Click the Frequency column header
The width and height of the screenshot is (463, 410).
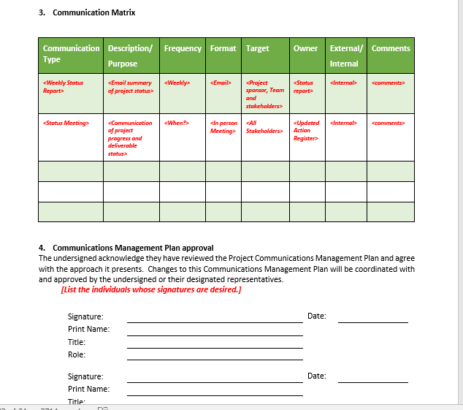(183, 48)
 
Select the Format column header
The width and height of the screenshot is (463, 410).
(223, 48)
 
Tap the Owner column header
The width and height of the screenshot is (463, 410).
(305, 48)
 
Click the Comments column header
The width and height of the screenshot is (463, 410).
(391, 48)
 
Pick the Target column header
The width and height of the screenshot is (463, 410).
(258, 48)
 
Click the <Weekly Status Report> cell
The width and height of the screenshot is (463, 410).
(64, 87)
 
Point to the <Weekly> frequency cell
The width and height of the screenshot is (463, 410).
(177, 83)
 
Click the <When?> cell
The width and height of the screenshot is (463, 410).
(177, 123)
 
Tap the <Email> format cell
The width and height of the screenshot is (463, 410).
(221, 83)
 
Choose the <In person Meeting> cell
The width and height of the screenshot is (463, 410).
(223, 126)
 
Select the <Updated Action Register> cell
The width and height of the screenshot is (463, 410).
(307, 130)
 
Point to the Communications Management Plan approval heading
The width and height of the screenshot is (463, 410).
(133, 248)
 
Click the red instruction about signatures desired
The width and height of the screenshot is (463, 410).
(151, 289)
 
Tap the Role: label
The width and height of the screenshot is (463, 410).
(77, 354)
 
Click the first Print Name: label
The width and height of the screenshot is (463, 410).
(88, 329)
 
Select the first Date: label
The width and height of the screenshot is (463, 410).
(317, 316)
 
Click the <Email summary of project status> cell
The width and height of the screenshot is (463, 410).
(130, 87)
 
